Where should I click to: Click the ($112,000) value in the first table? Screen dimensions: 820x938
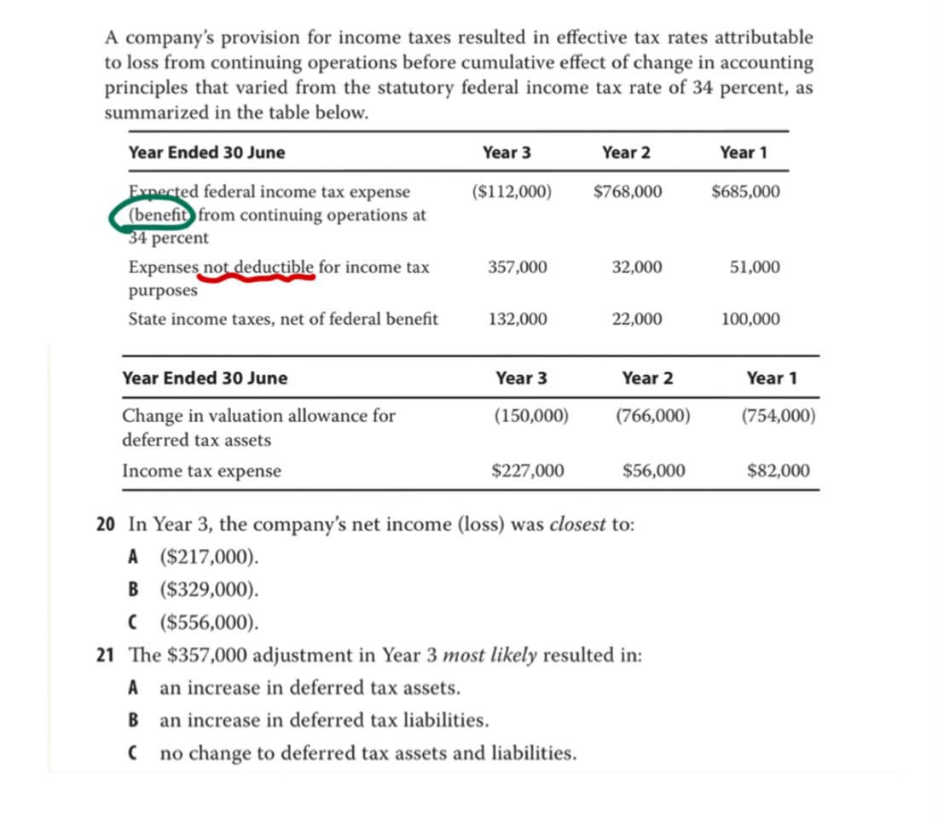[511, 192]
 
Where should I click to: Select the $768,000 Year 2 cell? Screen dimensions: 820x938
[627, 192]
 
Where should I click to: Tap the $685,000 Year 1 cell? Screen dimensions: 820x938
[744, 192]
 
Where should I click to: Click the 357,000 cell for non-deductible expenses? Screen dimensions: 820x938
[518, 268]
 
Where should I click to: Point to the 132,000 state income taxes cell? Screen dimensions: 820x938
[518, 320]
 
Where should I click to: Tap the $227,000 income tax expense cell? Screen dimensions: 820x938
[528, 471]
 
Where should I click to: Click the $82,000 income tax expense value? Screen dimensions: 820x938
[779, 471]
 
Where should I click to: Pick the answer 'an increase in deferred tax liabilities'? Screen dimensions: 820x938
[324, 720]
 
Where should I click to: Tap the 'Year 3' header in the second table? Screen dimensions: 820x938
[521, 378]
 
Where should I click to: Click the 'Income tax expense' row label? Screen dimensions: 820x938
[201, 471]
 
